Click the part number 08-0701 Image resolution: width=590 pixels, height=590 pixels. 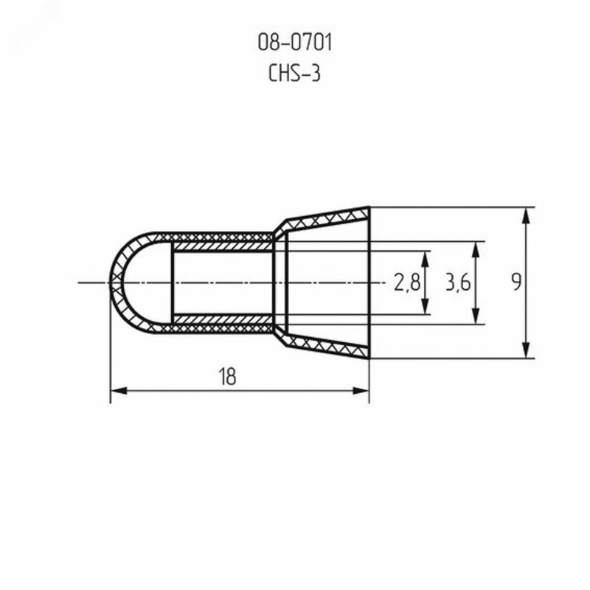pyautogui.click(x=295, y=42)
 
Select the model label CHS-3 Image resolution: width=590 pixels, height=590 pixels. pyautogui.click(x=294, y=73)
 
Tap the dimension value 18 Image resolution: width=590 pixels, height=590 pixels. pyautogui.click(x=227, y=376)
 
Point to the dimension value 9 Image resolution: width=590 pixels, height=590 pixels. pyautogui.click(x=516, y=282)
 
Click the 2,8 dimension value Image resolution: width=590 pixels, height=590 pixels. pyautogui.click(x=407, y=282)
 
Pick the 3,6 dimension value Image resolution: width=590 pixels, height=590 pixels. pyautogui.click(x=458, y=282)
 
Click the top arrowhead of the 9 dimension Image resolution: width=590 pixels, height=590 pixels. pyautogui.click(x=526, y=216)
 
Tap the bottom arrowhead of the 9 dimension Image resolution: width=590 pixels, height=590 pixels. pyautogui.click(x=526, y=350)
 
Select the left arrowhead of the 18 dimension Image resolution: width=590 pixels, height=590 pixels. pyautogui.click(x=119, y=391)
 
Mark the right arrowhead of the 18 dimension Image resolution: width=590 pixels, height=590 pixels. pyautogui.click(x=361, y=391)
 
